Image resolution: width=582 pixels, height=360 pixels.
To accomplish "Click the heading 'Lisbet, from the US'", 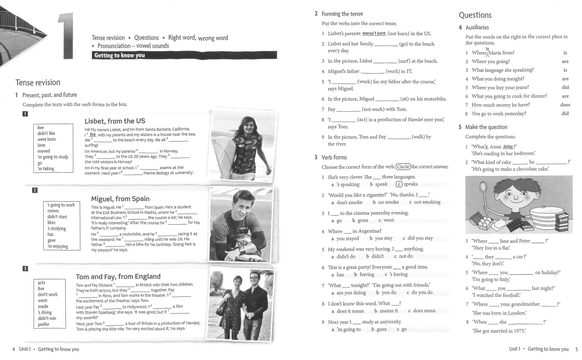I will click(115, 121).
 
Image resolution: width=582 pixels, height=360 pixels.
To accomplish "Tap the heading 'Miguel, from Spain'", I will click(120, 199).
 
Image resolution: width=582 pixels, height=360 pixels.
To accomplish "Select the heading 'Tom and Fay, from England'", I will click(118, 276).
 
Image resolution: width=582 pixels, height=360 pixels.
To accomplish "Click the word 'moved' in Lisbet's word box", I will click(44, 151).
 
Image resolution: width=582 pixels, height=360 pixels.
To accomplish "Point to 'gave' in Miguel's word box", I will click(51, 240).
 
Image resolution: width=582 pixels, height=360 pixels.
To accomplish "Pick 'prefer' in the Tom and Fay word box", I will click(43, 324).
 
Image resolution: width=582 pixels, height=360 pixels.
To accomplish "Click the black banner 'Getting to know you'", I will click(184, 55).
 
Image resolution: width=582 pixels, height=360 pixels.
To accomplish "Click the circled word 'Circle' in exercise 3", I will click(403, 167).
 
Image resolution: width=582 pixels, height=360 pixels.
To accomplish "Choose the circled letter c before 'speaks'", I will click(399, 184).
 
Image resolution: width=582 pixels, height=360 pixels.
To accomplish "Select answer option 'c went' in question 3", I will click(386, 220).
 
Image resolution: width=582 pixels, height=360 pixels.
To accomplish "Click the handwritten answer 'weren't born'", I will click(374, 33).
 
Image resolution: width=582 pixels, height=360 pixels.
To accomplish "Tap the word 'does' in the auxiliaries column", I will click(565, 105).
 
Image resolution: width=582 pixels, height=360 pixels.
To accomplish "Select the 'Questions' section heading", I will click(475, 15).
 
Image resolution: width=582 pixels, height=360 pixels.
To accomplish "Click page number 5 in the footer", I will click(577, 349).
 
